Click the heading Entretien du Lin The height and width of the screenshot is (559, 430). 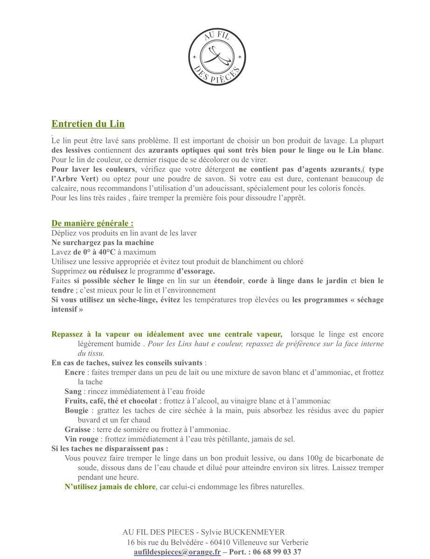[x=88, y=124]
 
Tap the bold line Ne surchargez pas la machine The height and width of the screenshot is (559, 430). [x=103, y=243]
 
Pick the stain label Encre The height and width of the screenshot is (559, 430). [x=75, y=373]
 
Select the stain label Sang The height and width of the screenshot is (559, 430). [x=73, y=391]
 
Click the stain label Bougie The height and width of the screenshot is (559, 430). [x=76, y=410]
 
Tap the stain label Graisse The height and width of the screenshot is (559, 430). [x=77, y=429]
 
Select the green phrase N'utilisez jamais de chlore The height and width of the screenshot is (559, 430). [x=110, y=487]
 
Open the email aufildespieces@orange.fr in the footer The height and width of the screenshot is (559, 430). [x=177, y=552]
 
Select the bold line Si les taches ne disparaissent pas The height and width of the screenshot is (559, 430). [x=110, y=449]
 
